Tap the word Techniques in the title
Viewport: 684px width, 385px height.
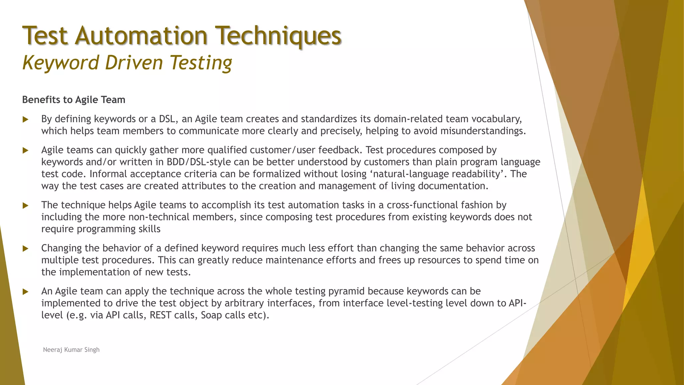(x=278, y=36)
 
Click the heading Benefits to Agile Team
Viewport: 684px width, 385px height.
(x=73, y=100)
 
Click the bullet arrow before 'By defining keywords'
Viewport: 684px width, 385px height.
(x=25, y=119)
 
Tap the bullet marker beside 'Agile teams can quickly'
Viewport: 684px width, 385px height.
(x=25, y=150)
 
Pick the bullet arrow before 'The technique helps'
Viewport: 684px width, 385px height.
(x=25, y=206)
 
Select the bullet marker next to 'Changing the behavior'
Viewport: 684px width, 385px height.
(x=25, y=249)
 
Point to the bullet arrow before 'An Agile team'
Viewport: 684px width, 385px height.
(x=25, y=292)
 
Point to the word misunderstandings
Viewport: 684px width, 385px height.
(x=483, y=131)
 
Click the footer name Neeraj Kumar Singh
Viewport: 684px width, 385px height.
(x=71, y=350)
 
